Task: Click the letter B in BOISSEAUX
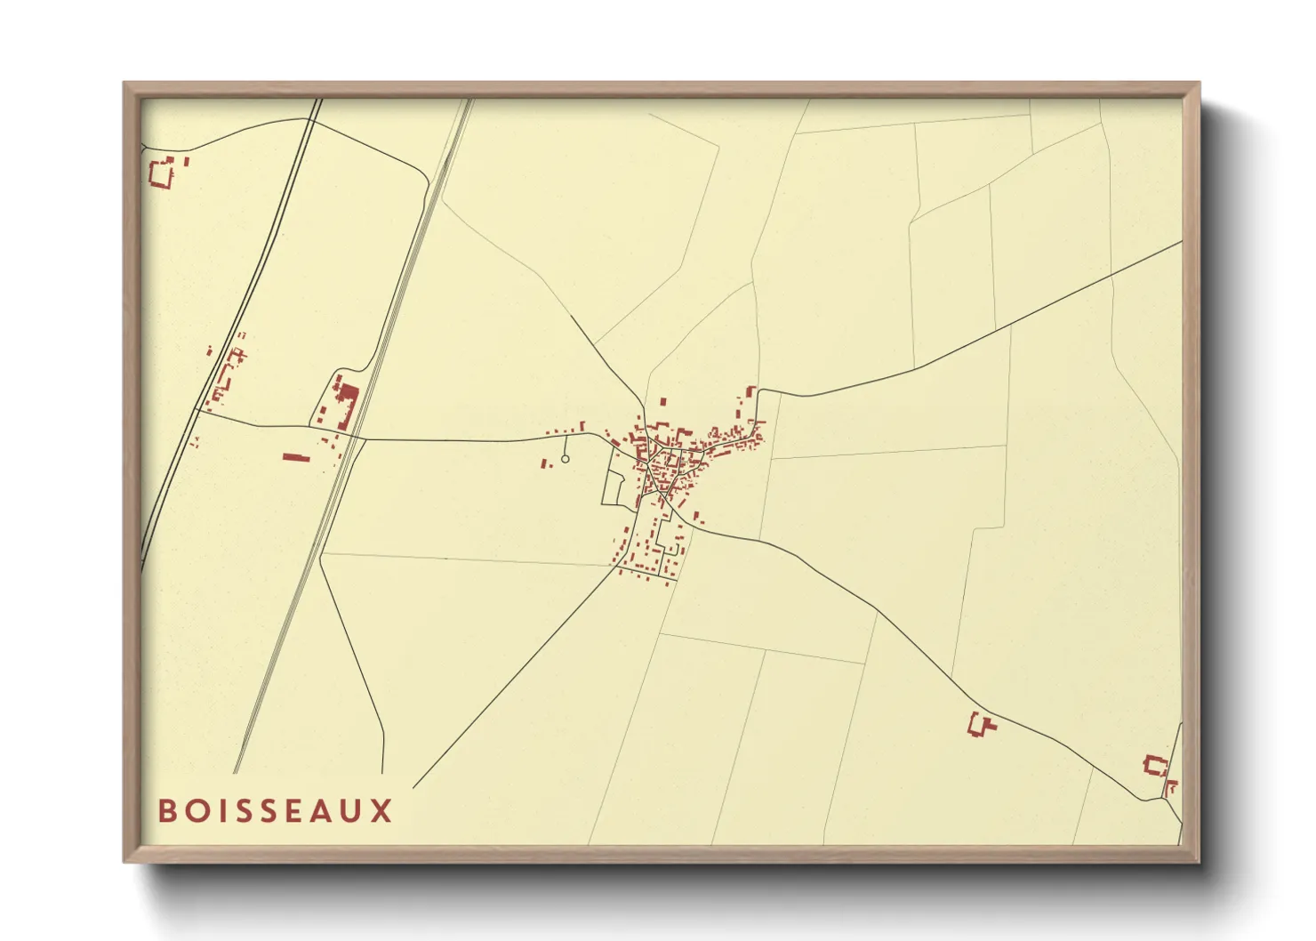pyautogui.click(x=166, y=810)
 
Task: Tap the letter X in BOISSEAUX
pyautogui.click(x=381, y=810)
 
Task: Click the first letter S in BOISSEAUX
pyautogui.click(x=237, y=810)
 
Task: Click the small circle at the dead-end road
pyautogui.click(x=565, y=459)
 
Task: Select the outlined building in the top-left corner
pyautogui.click(x=162, y=173)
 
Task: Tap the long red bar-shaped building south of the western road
pyautogui.click(x=295, y=457)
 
